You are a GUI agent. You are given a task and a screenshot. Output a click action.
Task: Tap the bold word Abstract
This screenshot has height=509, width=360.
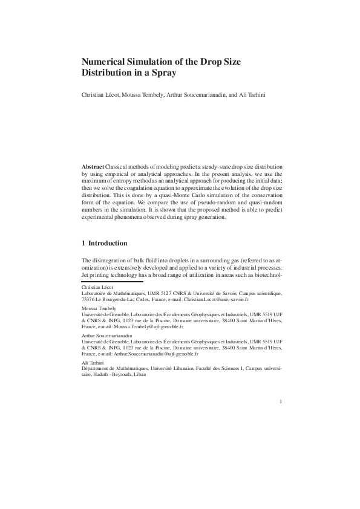[x=93, y=166]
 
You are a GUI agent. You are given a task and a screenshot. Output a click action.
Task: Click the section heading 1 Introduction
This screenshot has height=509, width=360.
[x=105, y=244]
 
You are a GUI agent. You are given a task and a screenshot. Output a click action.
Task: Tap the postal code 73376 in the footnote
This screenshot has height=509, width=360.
[x=88, y=299]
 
